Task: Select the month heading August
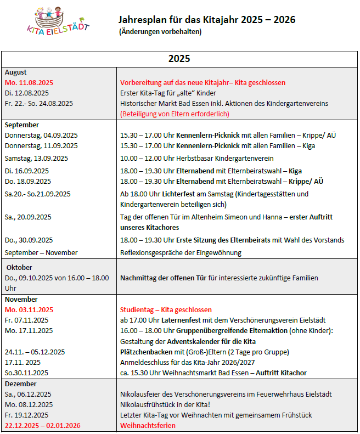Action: point(15,72)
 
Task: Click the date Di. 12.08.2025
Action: point(27,93)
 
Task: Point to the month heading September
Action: point(22,125)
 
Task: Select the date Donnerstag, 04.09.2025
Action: point(41,135)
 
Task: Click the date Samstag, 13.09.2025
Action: point(36,158)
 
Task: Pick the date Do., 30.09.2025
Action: point(29,240)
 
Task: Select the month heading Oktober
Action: point(19,267)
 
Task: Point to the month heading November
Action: point(21,299)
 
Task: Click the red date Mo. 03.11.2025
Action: point(29,309)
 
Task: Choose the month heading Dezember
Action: point(20,384)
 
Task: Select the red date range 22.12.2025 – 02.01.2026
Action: point(43,425)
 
